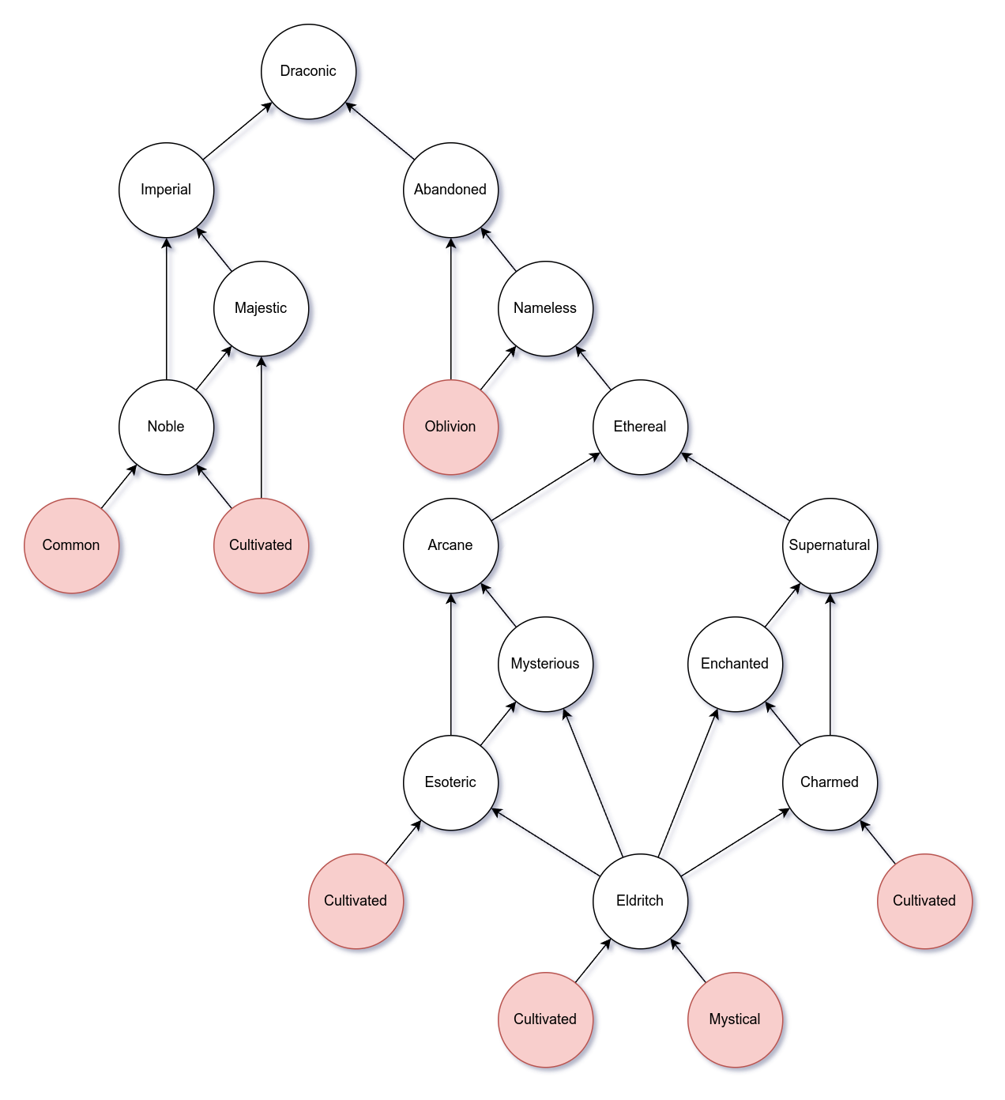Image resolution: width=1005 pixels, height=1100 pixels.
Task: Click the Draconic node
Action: (308, 71)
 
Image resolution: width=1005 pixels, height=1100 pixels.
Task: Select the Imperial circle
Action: (166, 190)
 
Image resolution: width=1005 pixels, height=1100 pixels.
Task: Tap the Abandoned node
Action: (450, 190)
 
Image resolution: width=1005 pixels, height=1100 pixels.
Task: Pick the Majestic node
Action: (261, 308)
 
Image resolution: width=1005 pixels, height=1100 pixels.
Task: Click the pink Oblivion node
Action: (450, 427)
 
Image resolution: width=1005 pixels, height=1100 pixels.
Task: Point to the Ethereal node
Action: (640, 427)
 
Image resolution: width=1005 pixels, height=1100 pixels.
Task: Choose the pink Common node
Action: (71, 545)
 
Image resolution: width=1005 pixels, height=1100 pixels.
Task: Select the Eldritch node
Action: (640, 901)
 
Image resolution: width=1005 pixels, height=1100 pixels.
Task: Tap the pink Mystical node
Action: (735, 1019)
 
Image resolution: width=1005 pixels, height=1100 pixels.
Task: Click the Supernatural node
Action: (830, 545)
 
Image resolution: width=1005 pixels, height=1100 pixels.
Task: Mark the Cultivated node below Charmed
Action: (924, 901)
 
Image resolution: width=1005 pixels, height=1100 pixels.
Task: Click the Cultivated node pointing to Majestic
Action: (261, 545)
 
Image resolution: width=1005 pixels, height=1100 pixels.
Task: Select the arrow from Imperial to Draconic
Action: (237, 131)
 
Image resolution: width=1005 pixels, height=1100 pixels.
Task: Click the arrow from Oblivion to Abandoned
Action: (450, 308)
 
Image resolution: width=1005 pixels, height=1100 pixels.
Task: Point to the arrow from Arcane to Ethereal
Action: (545, 487)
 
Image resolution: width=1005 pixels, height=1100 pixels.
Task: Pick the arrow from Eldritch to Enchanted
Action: (687, 782)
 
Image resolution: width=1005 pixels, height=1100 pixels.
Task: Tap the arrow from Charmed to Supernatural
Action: (830, 664)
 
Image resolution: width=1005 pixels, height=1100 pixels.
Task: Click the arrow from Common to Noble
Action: (119, 486)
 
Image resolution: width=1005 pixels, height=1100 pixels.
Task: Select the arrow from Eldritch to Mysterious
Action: (593, 782)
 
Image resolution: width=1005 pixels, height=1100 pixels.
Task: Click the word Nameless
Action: (545, 308)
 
